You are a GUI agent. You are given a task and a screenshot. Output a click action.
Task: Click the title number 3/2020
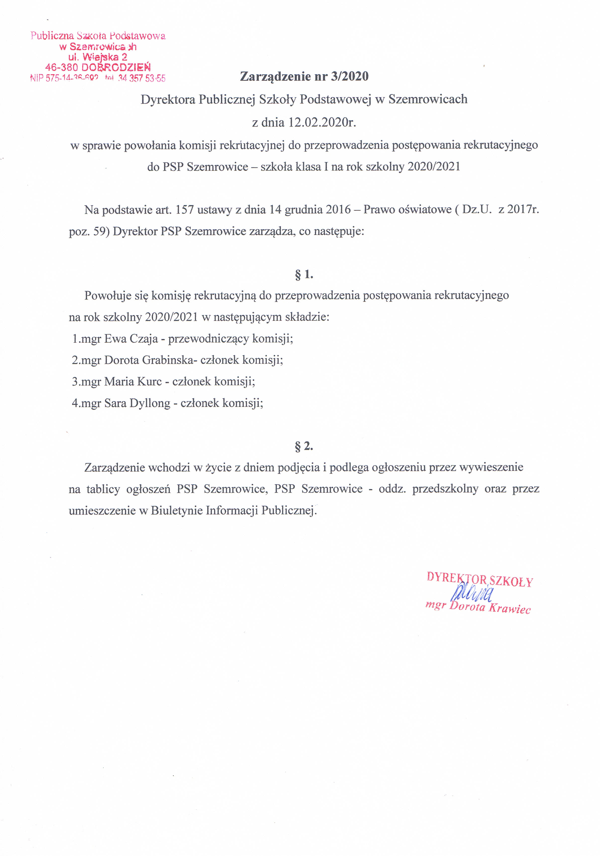[349, 76]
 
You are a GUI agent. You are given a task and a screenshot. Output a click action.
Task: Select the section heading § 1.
[304, 275]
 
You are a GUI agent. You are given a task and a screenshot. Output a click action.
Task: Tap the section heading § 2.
[304, 446]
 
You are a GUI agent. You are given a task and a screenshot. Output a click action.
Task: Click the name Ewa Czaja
[131, 339]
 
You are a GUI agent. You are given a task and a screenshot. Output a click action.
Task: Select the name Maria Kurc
[133, 381]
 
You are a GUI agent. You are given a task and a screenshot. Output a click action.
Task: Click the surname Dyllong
[150, 403]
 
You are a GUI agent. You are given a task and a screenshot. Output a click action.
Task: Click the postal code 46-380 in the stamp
[62, 68]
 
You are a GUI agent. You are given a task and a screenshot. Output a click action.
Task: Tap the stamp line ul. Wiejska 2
[98, 57]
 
